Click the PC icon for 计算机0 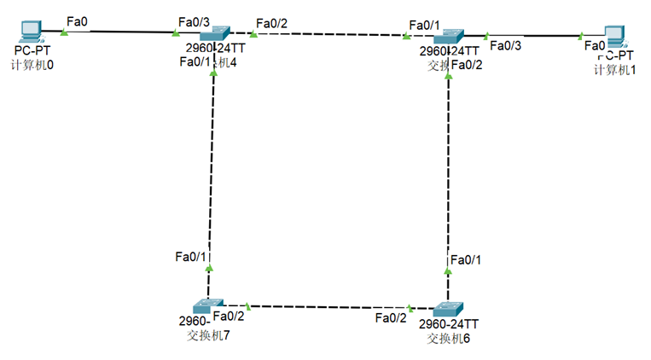tap(31, 31)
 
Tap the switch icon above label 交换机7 tap(207, 305)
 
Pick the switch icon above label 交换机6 tap(447, 309)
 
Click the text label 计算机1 tap(614, 68)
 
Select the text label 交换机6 tap(448, 338)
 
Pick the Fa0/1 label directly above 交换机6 tap(466, 259)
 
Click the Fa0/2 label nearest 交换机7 tap(229, 316)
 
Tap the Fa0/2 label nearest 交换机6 tap(391, 318)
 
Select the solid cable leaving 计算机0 tap(119, 32)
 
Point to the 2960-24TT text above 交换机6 tap(449, 325)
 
